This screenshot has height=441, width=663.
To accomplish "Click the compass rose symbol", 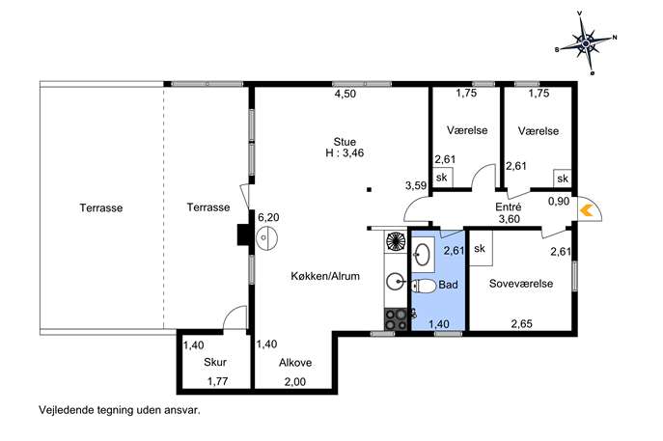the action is coord(585,43).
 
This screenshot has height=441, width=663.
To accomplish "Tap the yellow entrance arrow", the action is coord(585,210).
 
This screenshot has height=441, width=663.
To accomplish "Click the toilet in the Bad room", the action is coord(424,287).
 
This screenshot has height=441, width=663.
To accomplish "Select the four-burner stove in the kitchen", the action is coord(395,319).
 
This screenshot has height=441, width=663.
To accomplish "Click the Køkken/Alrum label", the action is coord(325,276).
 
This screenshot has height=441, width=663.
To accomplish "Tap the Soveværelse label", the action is coord(521,284).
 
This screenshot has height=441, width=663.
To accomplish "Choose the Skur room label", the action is coord(215,362).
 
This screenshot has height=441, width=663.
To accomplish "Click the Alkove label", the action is coord(295,363).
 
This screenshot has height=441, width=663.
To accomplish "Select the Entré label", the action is coord(509,207).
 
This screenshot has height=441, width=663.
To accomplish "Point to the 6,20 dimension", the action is coord(268,217).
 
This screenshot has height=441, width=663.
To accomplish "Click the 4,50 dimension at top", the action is coord(345,94).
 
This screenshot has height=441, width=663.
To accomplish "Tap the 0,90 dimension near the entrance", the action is coord(559,202).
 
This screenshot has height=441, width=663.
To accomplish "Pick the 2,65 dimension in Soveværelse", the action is coord(522,324).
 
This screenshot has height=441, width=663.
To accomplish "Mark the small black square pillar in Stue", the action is coord(369,190).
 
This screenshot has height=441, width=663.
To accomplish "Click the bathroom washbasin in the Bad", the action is coord(422,255).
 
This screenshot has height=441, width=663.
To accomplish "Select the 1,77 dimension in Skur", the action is coord(217,381).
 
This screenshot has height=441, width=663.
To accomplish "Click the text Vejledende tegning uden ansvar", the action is coord(120,410).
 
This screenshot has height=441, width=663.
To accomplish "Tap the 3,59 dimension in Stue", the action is coord(416,185).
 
